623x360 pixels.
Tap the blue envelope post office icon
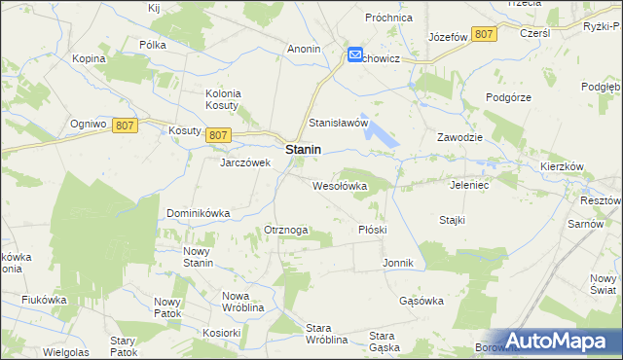tap(355, 56)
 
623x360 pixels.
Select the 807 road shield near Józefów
tap(484, 35)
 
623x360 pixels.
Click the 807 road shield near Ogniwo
tap(124, 126)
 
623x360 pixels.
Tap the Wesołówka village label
tap(339, 185)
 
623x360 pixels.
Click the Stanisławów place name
tap(338, 124)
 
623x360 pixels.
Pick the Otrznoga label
tap(286, 230)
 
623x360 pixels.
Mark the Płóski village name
tap(373, 230)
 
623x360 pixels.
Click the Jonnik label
tap(399, 264)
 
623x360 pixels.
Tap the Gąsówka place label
tap(421, 301)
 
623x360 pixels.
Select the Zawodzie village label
tap(460, 137)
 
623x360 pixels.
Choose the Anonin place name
tap(305, 48)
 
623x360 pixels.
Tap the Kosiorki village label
tap(222, 332)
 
